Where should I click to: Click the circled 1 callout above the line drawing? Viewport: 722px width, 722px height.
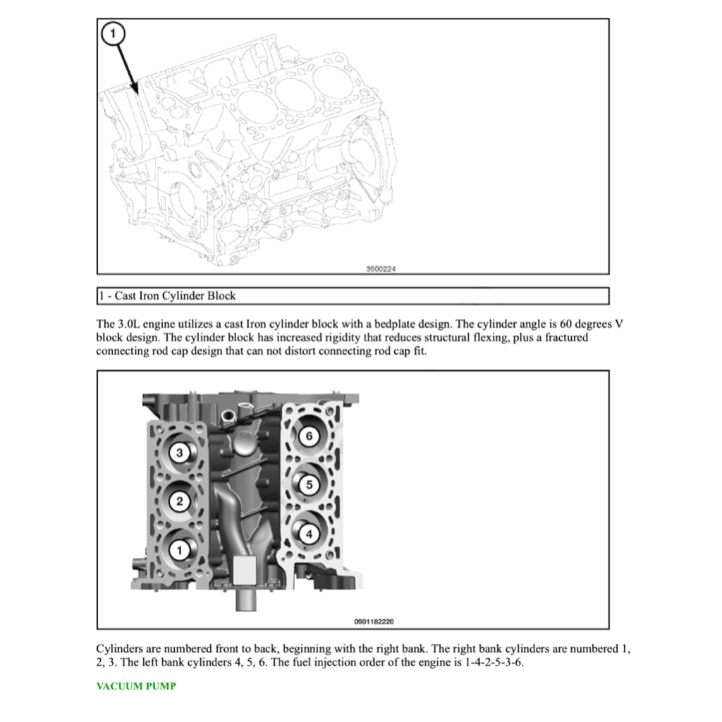click(x=115, y=32)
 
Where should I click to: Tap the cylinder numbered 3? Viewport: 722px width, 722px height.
click(x=180, y=453)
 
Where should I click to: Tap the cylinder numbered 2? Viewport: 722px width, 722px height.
click(x=180, y=501)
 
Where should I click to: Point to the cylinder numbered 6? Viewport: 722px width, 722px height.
click(x=308, y=436)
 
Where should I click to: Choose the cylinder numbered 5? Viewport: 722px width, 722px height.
click(x=308, y=484)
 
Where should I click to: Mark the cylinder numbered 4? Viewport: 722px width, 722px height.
click(x=308, y=534)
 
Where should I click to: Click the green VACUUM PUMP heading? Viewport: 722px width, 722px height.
click(x=136, y=686)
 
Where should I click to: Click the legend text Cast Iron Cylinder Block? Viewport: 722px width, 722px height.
click(x=175, y=295)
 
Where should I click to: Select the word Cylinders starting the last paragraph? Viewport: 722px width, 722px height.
click(x=118, y=649)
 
